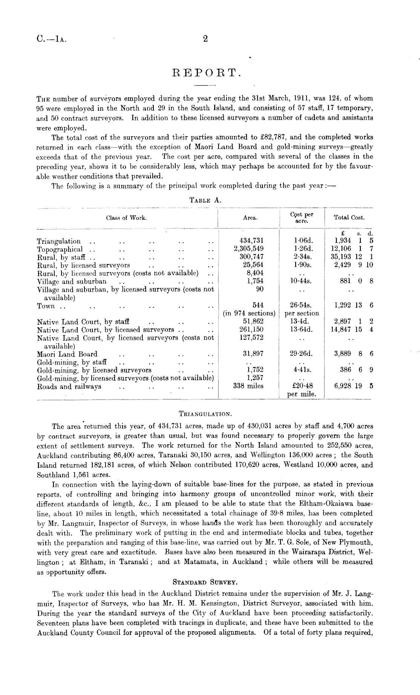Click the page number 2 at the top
(205, 39)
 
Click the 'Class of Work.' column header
(126, 218)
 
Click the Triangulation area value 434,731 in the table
(251, 241)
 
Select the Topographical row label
(59, 249)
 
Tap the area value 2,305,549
(249, 249)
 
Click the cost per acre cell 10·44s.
(301, 281)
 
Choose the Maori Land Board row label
(67, 354)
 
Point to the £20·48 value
(301, 386)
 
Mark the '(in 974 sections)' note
(249, 313)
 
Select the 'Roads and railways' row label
(69, 387)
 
